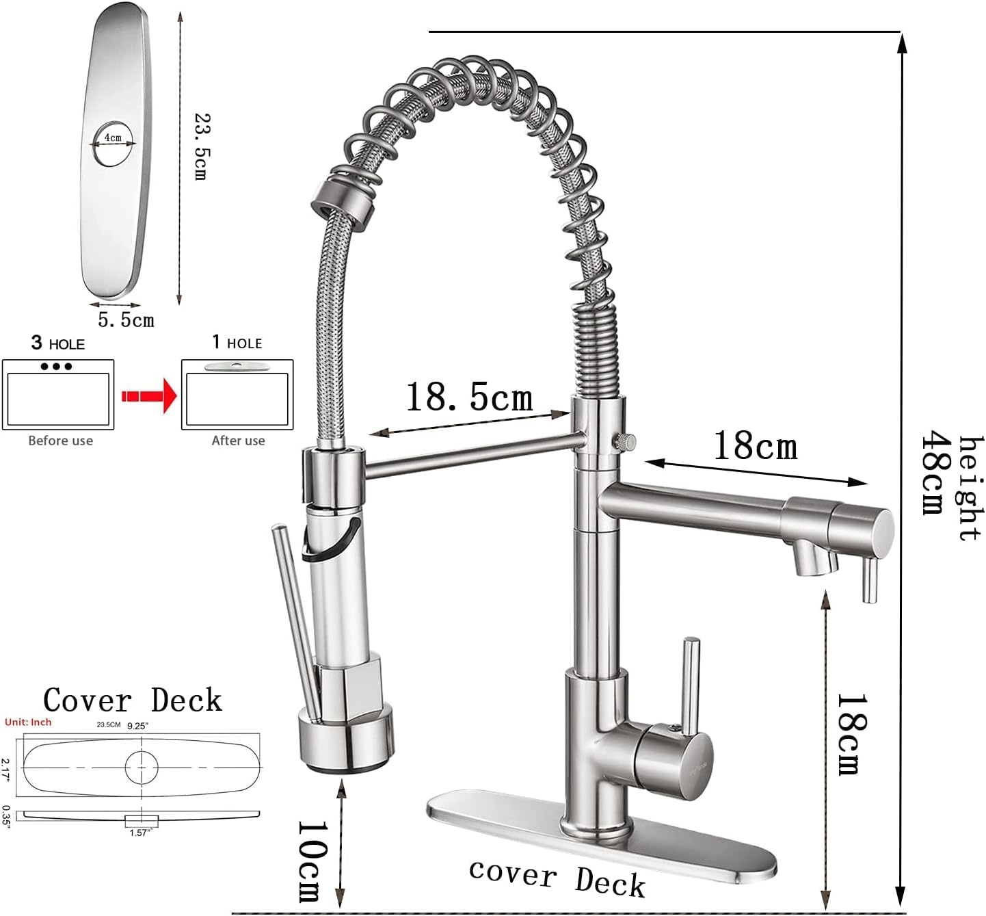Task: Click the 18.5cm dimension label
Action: [469, 397]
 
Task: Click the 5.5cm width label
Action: [126, 320]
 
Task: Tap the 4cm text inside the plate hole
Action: [113, 138]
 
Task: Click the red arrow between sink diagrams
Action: [149, 395]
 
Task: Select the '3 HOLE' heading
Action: [57, 343]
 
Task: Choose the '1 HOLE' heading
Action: [237, 342]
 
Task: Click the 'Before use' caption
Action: [61, 441]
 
